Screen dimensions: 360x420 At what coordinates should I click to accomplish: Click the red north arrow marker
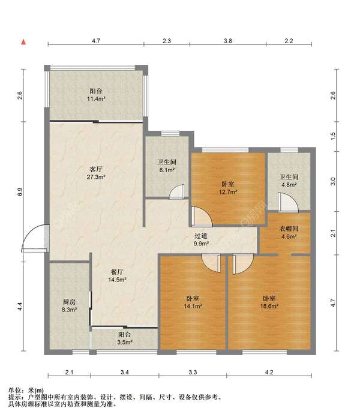23,42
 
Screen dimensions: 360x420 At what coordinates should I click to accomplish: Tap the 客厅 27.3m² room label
96,173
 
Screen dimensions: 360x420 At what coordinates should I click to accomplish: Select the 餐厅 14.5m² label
117,276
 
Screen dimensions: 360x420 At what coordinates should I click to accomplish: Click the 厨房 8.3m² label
69,306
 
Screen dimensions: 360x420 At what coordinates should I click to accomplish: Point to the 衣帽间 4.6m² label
289,233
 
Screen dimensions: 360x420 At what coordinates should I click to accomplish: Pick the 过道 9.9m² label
201,240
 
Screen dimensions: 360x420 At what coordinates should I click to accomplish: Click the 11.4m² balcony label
96,95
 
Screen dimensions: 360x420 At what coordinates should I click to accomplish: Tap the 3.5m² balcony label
125,338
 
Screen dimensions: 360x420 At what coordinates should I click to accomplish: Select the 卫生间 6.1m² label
167,166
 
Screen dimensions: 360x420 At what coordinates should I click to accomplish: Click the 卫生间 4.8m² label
289,181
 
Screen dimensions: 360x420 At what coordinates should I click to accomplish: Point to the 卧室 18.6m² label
269,302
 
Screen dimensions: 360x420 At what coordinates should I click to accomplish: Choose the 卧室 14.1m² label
193,302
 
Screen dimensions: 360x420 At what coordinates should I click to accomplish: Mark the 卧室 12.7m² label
228,188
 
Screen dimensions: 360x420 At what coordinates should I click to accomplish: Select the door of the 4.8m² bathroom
288,203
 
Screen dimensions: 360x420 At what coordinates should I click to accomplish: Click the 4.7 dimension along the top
96,41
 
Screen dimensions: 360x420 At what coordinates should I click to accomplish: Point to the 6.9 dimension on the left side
20,191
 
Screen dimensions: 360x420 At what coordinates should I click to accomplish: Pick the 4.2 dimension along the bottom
269,372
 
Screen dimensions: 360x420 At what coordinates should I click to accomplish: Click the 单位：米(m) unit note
26,391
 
